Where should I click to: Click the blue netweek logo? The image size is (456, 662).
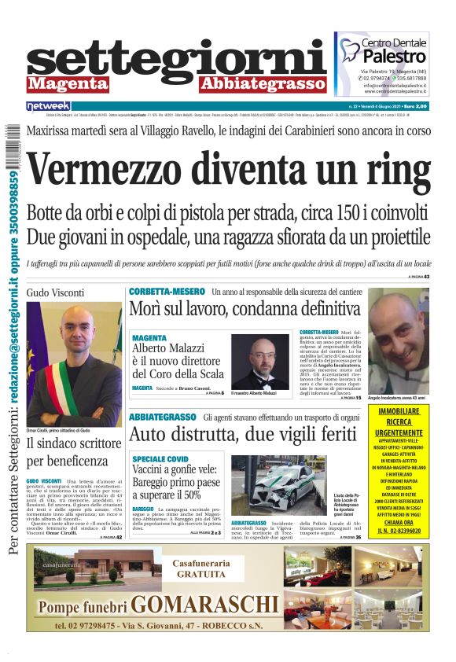(49, 106)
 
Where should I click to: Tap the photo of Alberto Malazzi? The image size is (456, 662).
(259, 362)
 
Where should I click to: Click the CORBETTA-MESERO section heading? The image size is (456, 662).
(167, 292)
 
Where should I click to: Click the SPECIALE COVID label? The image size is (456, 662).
(160, 458)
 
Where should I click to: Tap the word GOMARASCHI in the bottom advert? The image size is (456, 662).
(205, 605)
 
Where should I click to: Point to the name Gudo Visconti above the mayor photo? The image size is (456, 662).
(54, 292)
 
